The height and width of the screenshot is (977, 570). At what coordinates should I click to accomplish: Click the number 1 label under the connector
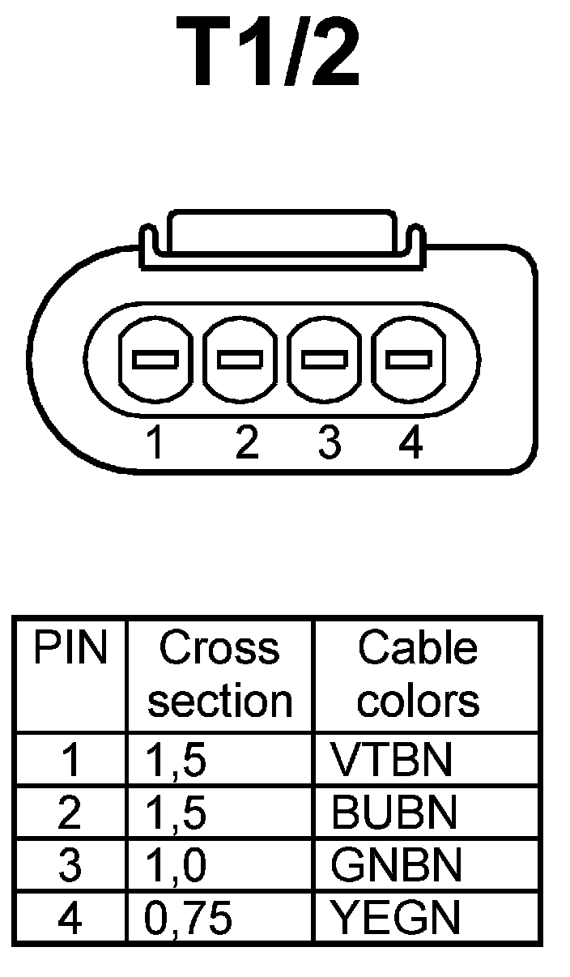click(155, 443)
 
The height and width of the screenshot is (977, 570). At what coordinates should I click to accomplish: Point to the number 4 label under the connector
click(410, 443)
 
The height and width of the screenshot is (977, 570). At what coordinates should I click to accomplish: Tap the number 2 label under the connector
click(246, 443)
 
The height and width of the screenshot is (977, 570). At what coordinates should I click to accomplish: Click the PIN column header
click(70, 650)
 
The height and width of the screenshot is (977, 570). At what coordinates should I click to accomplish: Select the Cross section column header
click(219, 675)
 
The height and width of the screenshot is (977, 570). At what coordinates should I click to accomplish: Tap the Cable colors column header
click(418, 675)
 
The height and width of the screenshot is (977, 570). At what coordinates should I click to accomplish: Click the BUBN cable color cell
click(394, 813)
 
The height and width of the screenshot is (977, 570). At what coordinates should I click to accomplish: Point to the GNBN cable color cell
click(396, 865)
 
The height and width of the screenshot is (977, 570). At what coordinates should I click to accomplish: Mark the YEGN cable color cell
click(395, 917)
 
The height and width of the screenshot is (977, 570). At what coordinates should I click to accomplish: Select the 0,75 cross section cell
click(188, 918)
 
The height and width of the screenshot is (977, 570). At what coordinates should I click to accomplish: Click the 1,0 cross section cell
click(176, 865)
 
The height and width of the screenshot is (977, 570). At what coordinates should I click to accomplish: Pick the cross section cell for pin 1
click(176, 760)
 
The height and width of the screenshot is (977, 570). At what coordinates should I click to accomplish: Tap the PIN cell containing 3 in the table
click(70, 865)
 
